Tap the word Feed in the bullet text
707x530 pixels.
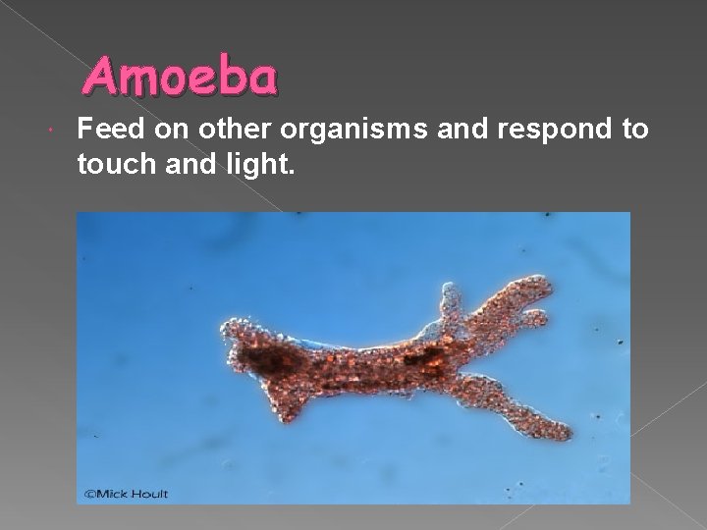point(106,129)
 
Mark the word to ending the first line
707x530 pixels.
point(633,129)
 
